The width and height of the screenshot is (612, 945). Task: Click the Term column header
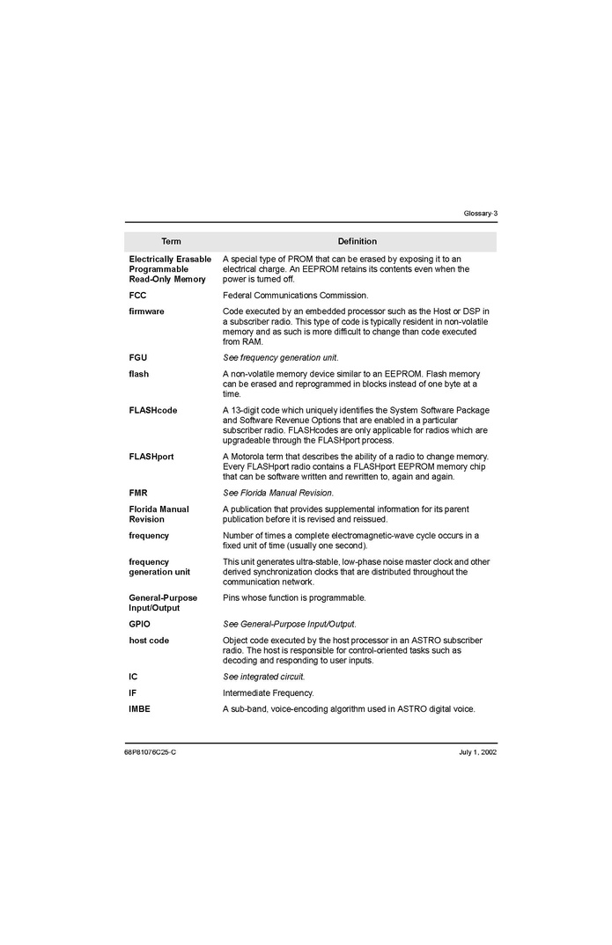click(x=171, y=241)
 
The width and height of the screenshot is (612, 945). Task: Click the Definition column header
click(x=357, y=241)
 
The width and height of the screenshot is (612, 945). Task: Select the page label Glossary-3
click(x=480, y=214)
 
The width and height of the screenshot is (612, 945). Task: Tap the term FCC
click(x=137, y=296)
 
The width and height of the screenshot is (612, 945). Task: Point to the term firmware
click(x=146, y=311)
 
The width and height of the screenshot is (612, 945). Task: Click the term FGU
click(x=138, y=357)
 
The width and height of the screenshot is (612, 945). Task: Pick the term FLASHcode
click(x=153, y=410)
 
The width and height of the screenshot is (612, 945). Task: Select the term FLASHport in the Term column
click(x=151, y=457)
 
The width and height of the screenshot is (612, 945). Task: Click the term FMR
click(x=138, y=493)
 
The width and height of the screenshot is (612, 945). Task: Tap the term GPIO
click(x=140, y=624)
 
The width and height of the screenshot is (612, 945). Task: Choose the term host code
click(x=149, y=641)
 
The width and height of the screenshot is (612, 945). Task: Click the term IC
click(x=134, y=677)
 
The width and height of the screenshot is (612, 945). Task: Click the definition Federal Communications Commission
click(x=295, y=296)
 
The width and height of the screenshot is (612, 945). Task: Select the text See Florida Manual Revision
click(x=278, y=493)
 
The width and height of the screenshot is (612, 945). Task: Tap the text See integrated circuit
click(x=264, y=677)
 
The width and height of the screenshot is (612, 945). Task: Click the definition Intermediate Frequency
click(x=268, y=692)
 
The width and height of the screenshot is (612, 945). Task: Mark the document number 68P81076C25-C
click(x=151, y=752)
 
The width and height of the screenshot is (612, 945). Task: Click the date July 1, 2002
click(x=477, y=752)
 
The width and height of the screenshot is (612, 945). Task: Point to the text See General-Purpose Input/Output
click(x=290, y=624)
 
